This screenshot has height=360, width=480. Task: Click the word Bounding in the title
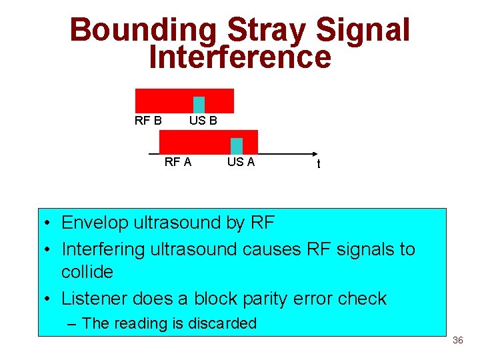143,31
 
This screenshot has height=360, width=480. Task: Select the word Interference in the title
240,57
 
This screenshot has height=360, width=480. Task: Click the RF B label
148,121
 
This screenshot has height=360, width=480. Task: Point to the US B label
203,121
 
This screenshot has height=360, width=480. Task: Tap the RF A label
178,161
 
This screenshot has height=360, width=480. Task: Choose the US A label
241,161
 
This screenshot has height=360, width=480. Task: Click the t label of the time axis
318,164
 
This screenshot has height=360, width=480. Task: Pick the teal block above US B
199,105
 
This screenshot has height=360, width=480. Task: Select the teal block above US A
236,146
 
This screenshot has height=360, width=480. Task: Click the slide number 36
457,341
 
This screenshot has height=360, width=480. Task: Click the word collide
87,272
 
